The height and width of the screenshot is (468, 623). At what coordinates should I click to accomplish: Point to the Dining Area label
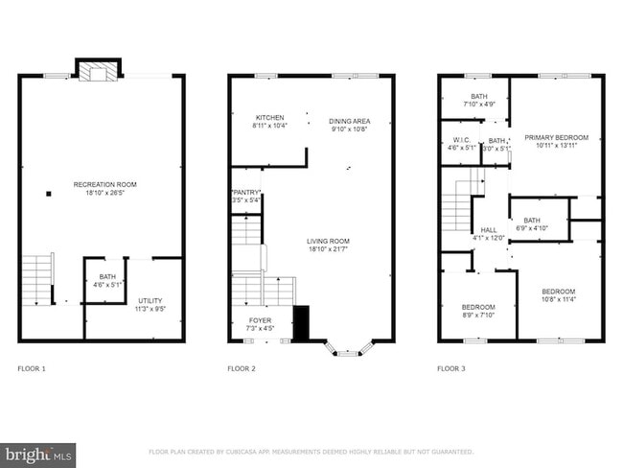[349, 125]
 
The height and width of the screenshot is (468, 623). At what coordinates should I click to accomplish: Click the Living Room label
[328, 245]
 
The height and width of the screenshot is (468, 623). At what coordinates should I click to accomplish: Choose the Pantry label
[246, 197]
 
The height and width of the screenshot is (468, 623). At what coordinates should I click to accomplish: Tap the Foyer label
[261, 324]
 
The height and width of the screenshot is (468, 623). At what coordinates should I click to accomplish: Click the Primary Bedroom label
[556, 142]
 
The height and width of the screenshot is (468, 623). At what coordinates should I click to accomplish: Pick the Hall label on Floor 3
[489, 233]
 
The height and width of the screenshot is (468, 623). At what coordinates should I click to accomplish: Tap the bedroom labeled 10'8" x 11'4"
[558, 295]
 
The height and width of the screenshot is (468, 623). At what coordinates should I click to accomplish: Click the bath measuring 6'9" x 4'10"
[533, 224]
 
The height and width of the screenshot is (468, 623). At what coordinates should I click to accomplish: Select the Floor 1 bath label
[107, 280]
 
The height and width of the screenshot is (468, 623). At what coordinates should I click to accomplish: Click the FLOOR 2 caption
[242, 368]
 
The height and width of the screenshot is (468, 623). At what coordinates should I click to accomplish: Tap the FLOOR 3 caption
[451, 368]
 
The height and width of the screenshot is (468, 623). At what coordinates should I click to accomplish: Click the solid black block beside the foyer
[301, 323]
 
